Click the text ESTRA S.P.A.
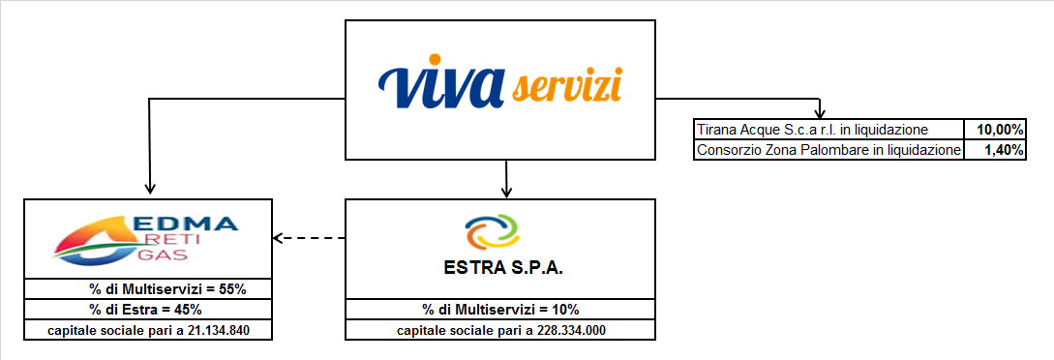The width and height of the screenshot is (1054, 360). pyautogui.click(x=499, y=269)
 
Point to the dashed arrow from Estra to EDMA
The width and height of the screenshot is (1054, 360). pyautogui.click(x=310, y=238)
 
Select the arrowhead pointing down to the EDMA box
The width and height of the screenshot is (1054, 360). pyautogui.click(x=149, y=190)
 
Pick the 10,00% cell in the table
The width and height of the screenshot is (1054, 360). pyautogui.click(x=994, y=130)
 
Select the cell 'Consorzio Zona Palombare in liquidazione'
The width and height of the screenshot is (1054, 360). pyautogui.click(x=828, y=150)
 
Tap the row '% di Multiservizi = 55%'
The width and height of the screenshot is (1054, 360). pyautogui.click(x=148, y=288)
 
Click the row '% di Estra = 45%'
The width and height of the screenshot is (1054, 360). pyautogui.click(x=148, y=310)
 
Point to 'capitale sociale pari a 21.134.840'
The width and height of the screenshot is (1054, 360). pyautogui.click(x=148, y=331)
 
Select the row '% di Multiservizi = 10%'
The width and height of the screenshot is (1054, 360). pyautogui.click(x=499, y=310)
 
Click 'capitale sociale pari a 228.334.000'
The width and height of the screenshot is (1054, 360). pyautogui.click(x=499, y=331)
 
